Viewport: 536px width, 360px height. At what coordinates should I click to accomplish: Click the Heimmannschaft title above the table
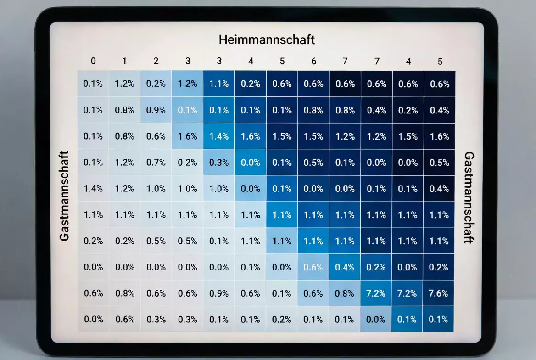[267, 39]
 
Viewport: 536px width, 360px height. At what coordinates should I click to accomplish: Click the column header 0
[93, 61]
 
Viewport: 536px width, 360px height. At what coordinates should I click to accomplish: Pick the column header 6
[313, 61]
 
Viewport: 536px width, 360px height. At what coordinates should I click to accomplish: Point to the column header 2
[156, 61]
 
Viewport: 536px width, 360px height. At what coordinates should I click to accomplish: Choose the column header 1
[124, 61]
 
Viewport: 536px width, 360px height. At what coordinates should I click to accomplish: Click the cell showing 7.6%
[439, 293]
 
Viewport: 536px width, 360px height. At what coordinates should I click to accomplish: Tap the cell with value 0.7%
[156, 162]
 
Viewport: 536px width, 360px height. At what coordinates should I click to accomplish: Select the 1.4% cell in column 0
[93, 188]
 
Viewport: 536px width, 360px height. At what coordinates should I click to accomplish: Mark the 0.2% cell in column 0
[93, 241]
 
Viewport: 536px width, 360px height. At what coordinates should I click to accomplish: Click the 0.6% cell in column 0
[93, 293]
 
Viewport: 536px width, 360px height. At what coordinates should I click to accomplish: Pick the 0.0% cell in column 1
[124, 267]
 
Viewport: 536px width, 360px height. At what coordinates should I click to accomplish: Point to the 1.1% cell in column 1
[124, 214]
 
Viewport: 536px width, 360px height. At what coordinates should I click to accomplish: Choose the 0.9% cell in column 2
[156, 110]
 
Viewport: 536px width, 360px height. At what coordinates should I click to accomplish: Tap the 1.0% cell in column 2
[156, 188]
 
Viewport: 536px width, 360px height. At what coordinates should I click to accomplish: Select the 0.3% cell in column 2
[156, 319]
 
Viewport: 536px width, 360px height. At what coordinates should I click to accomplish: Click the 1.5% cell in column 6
[313, 136]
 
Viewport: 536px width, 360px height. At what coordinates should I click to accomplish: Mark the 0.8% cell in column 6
[313, 110]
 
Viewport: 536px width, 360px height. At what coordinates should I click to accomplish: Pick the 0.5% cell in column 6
[313, 162]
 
